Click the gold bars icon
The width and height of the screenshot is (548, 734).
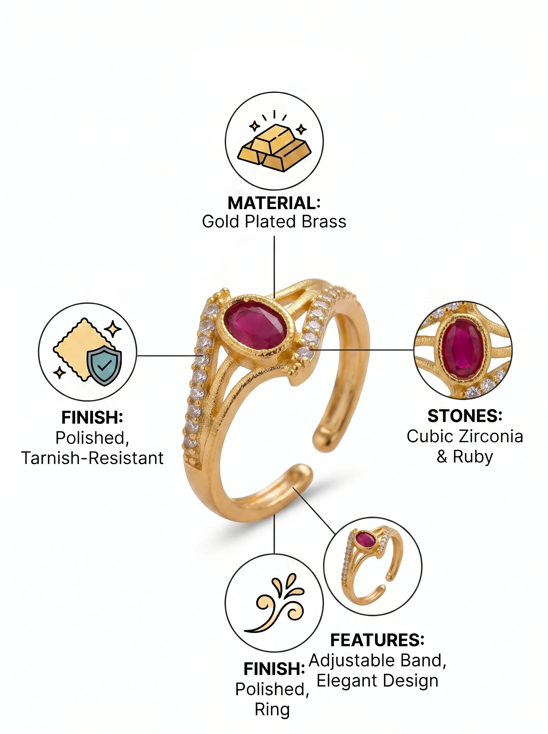click(274, 148)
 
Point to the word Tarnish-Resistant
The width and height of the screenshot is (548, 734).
click(93, 458)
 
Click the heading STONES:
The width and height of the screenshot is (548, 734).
click(465, 416)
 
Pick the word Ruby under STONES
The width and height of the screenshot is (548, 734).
click(473, 456)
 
